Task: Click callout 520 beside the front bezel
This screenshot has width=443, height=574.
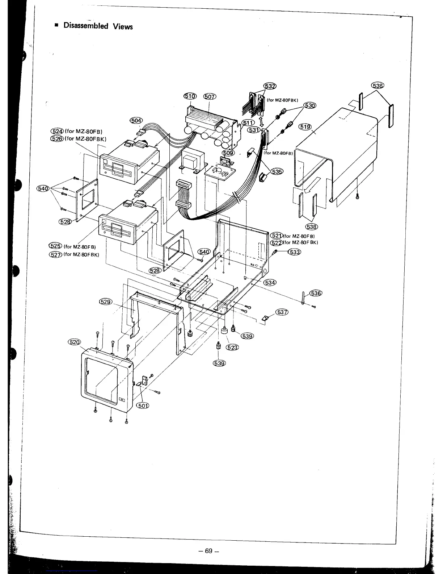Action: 75,342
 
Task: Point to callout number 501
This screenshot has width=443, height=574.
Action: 143,405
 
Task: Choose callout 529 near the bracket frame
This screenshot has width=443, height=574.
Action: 106,301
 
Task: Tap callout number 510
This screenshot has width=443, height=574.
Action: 190,96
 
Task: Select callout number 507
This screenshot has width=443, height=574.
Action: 210,96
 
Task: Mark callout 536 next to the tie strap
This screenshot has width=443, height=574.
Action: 316,293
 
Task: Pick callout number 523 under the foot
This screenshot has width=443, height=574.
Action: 232,348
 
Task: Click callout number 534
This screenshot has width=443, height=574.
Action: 270,282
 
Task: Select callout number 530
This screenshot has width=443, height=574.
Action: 310,105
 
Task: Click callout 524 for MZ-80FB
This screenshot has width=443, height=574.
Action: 58,131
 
